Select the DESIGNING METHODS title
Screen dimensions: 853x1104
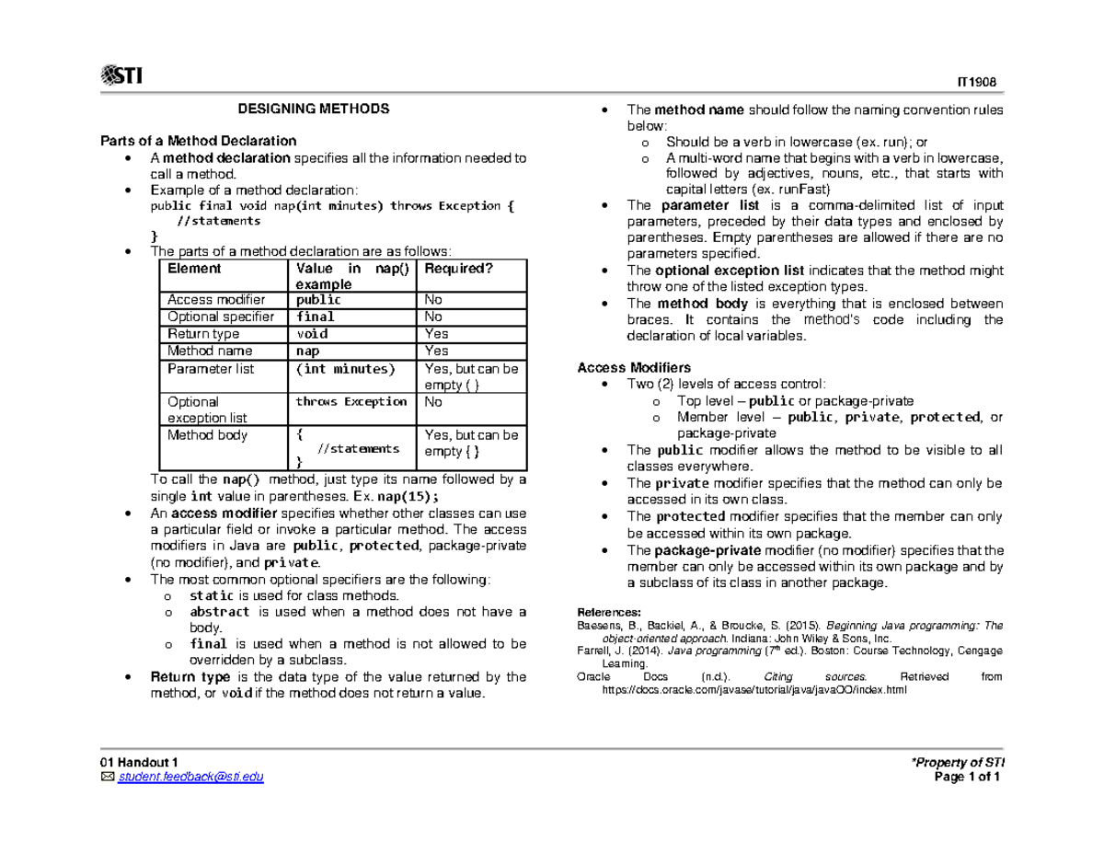pyautogui.click(x=314, y=109)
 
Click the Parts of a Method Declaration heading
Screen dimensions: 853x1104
pyautogui.click(x=199, y=141)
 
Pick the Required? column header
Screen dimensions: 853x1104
pyautogui.click(x=453, y=269)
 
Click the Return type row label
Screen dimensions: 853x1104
pyautogui.click(x=202, y=334)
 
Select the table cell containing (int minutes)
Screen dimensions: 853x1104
pyautogui.click(x=345, y=369)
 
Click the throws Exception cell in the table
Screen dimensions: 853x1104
pyautogui.click(x=351, y=402)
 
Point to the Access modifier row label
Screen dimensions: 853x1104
pyautogui.click(x=215, y=300)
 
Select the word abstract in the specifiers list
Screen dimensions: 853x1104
pyautogui.click(x=219, y=611)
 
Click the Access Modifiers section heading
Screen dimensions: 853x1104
pyautogui.click(x=634, y=367)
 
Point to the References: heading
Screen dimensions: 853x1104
pyautogui.click(x=607, y=612)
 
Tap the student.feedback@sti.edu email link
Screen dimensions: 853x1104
pyautogui.click(x=190, y=777)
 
